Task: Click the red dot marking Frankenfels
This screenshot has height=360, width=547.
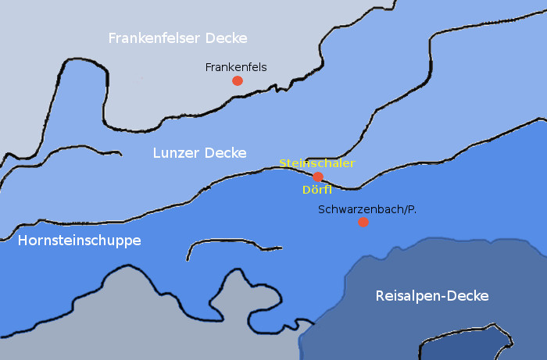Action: [x=237, y=80]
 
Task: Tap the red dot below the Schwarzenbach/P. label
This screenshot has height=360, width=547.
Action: [x=363, y=222]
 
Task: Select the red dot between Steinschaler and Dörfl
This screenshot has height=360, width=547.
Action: [x=318, y=176]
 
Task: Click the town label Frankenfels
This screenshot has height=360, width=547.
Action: [x=236, y=67]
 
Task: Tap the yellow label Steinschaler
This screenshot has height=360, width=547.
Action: [x=317, y=163]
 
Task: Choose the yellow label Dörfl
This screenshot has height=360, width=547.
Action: [x=317, y=189]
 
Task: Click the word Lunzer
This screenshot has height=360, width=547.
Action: [x=175, y=152]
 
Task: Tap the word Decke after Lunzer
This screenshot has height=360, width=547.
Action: [x=225, y=152]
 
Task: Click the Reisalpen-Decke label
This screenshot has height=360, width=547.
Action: [x=432, y=296]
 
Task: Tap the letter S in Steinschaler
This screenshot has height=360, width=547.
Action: [x=283, y=163]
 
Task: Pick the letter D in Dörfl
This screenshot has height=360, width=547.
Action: [x=305, y=189]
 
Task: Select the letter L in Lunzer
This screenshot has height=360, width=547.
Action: [x=156, y=152]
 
